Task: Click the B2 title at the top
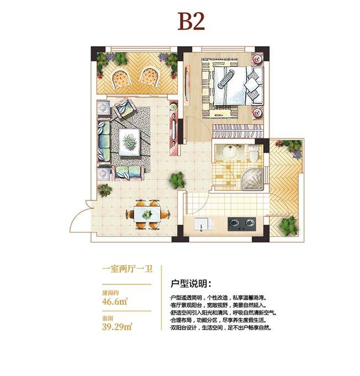(191, 22)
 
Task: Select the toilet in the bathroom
(253, 155)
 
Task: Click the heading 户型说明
(188, 284)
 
